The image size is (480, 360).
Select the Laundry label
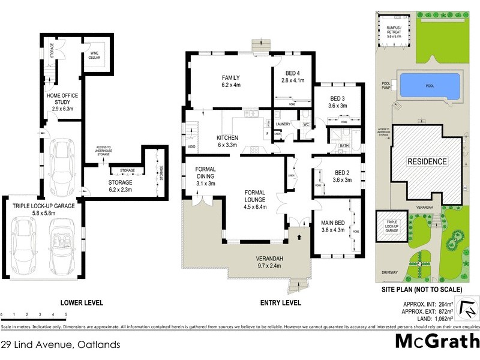click(x=283, y=124)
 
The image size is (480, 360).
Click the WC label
click(x=305, y=124)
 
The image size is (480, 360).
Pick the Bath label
click(x=344, y=145)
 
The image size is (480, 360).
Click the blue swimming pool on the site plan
click(x=430, y=86)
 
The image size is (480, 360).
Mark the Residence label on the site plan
click(x=427, y=162)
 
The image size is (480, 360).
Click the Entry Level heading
click(x=276, y=303)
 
